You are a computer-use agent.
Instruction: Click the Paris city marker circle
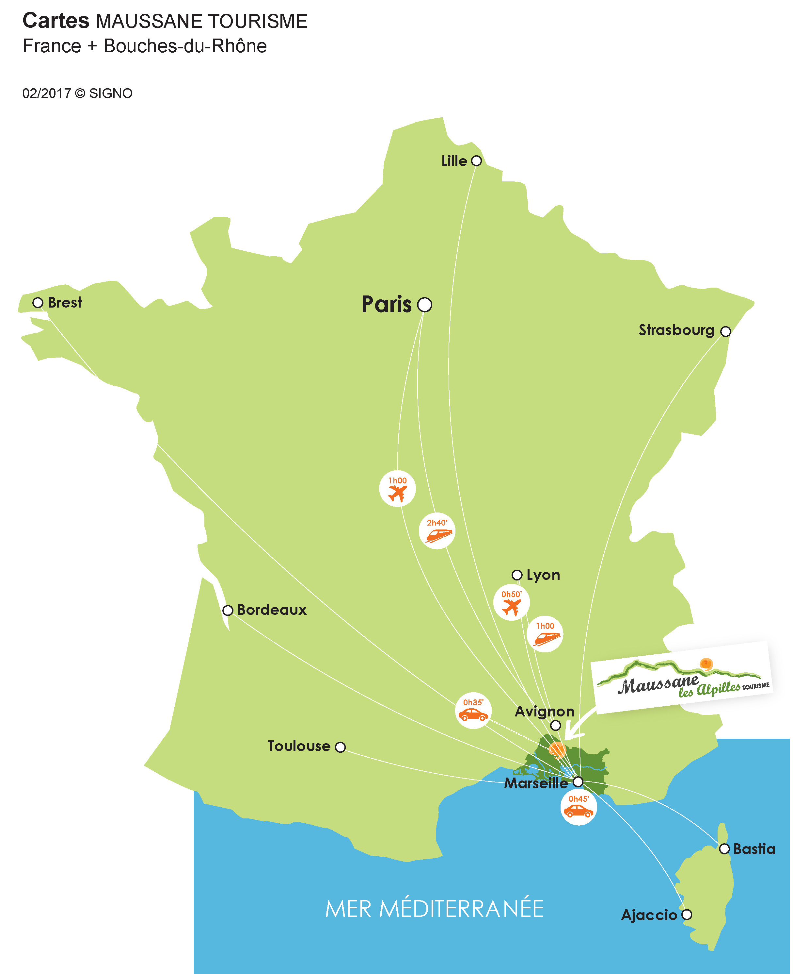[424, 305]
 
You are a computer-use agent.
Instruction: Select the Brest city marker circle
[38, 303]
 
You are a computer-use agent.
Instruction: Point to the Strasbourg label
[676, 330]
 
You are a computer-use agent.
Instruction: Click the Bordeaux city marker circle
[228, 611]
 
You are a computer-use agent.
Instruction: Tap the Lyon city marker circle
[516, 575]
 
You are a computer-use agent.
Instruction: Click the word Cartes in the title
[56, 21]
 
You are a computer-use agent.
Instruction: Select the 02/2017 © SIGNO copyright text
[77, 93]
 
